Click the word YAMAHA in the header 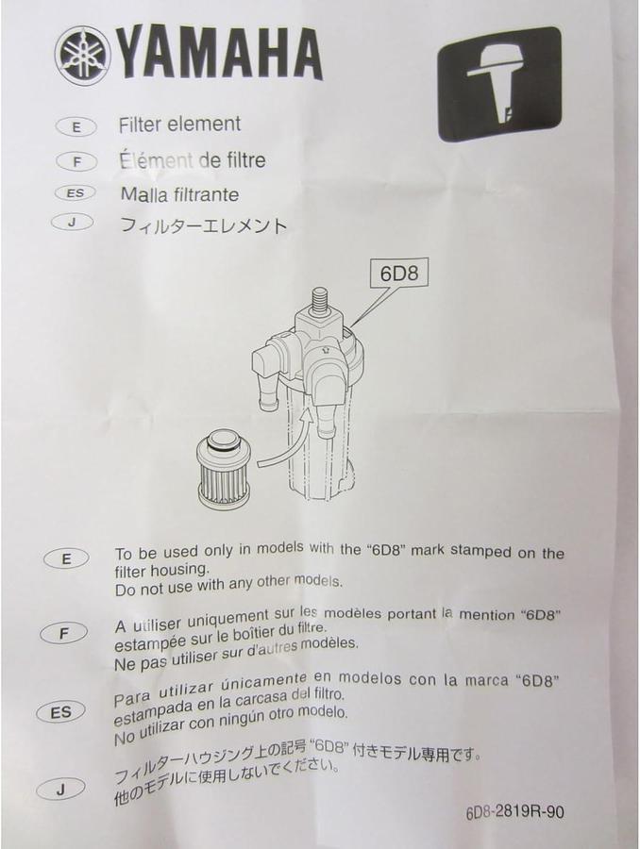220,54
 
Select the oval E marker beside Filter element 76,125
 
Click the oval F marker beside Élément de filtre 76,161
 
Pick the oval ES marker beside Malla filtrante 76,194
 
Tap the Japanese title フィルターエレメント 203,226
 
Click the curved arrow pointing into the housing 283,453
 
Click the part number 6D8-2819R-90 514,811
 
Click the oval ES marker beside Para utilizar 60,712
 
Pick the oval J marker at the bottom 60,790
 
